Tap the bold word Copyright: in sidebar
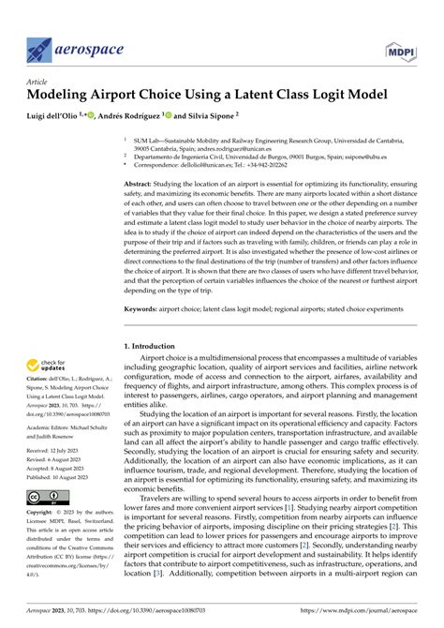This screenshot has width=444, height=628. (x=42, y=514)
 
